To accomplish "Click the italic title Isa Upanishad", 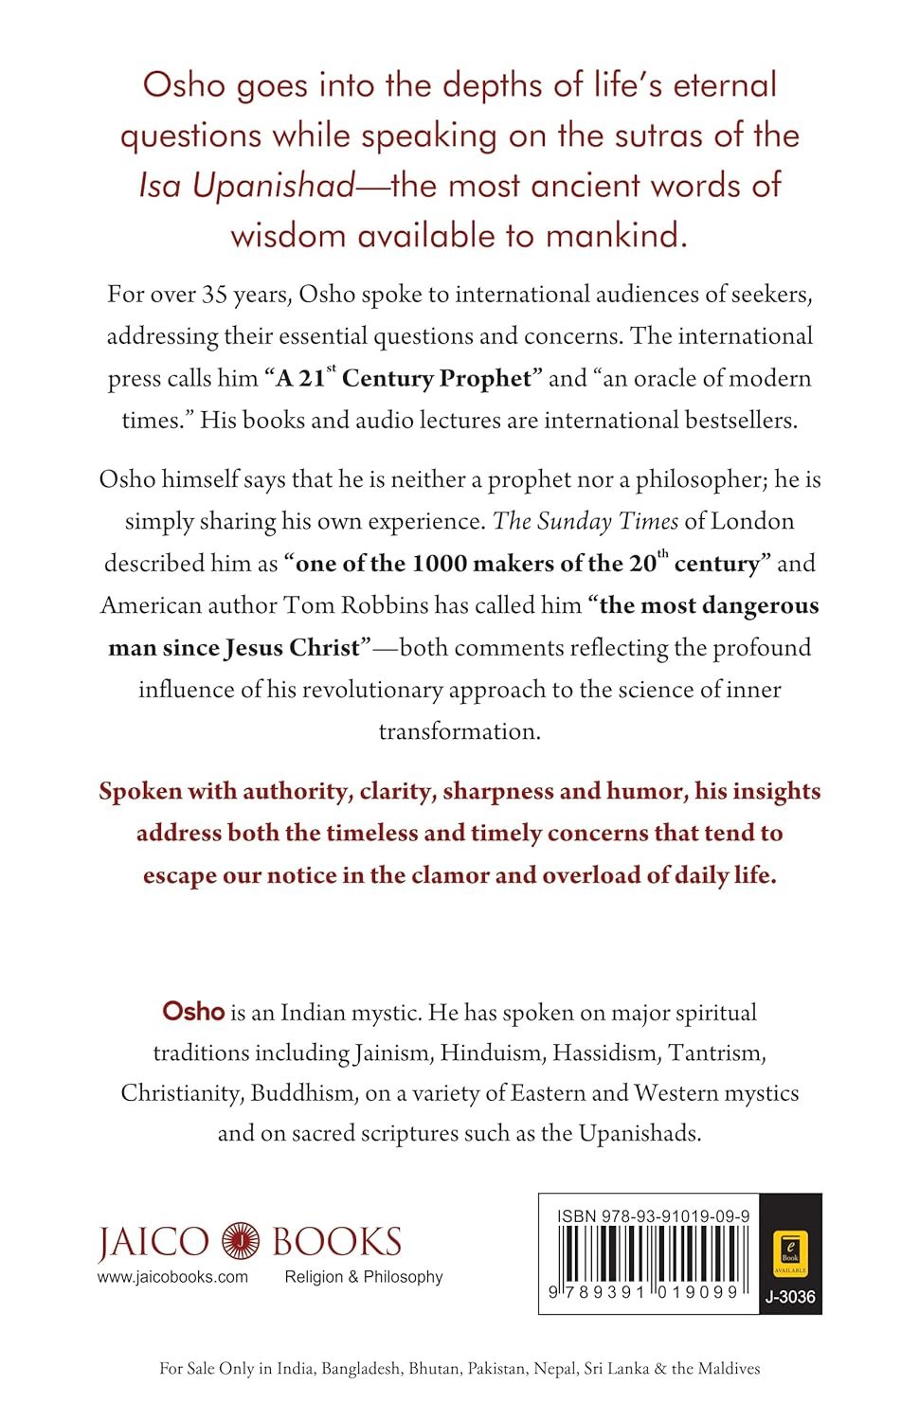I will (x=246, y=186).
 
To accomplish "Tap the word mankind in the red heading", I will (x=616, y=235).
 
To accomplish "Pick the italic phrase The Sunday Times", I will (x=586, y=521).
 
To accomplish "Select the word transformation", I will (x=459, y=731).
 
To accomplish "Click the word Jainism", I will (x=391, y=1052).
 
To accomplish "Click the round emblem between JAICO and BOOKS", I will (x=241, y=1241).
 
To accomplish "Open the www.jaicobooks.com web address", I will (x=172, y=1277).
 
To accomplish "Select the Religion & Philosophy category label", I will (x=364, y=1277).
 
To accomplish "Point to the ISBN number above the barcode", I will (x=654, y=1216).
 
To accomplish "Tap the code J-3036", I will (x=790, y=1297).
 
